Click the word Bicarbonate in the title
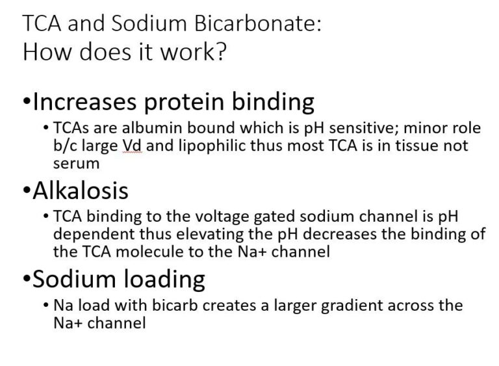click(x=258, y=23)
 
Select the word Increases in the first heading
click(x=84, y=102)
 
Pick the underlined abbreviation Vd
click(x=133, y=146)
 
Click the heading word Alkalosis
click(x=81, y=190)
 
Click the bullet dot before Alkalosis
click(x=27, y=190)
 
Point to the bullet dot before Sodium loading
click(x=27, y=279)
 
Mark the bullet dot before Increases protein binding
click(x=27, y=101)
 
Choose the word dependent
click(x=94, y=235)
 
